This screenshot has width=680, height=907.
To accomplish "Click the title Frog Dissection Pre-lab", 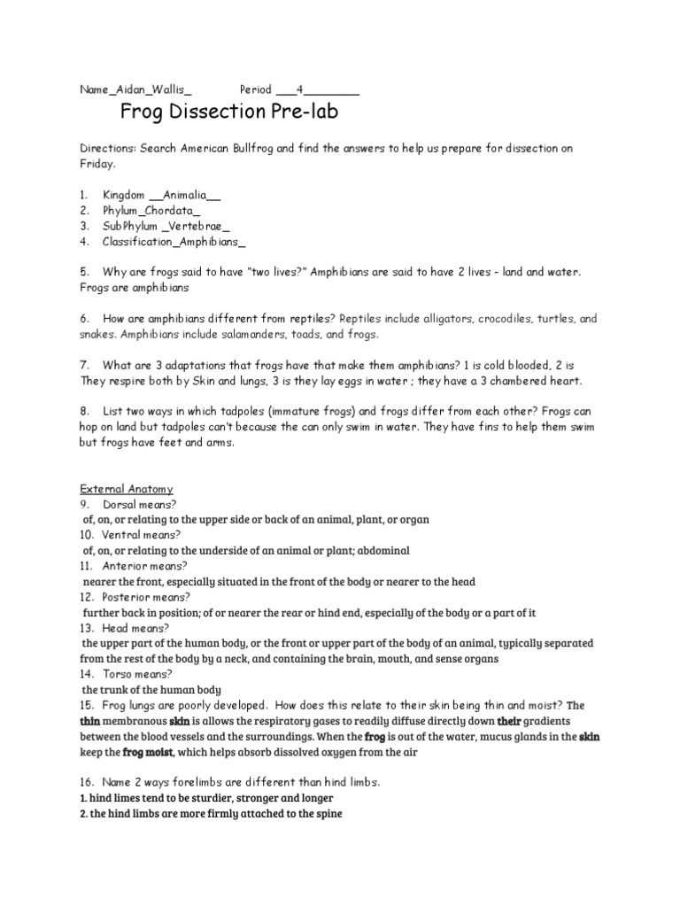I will pos(228,112).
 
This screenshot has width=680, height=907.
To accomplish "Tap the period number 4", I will pos(300,89).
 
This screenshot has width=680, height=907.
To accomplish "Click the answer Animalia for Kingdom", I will pos(185,195).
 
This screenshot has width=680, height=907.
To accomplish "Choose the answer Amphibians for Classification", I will pos(210,241).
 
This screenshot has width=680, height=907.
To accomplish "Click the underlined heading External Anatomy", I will pos(127,489).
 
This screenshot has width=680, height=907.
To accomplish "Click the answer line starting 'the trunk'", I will pos(151,689).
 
